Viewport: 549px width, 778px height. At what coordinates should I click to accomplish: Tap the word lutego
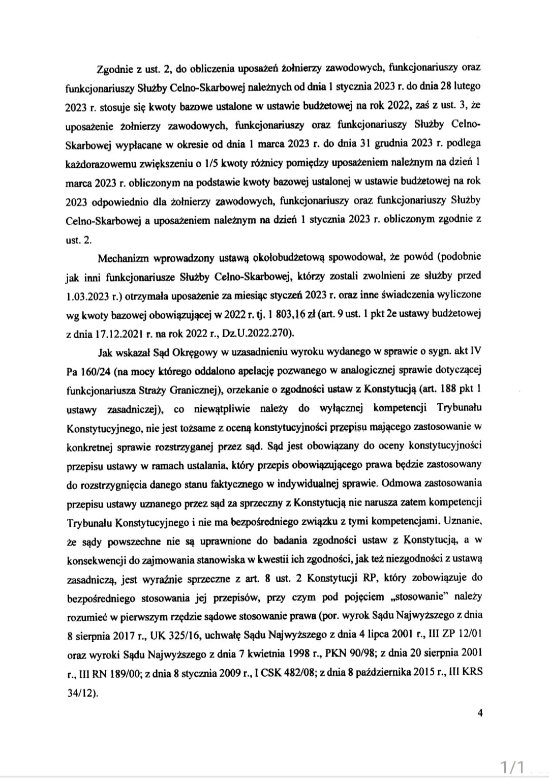point(467,86)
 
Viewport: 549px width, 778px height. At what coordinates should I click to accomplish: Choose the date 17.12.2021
point(112,333)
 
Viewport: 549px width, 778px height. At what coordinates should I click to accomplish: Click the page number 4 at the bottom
point(480,713)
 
